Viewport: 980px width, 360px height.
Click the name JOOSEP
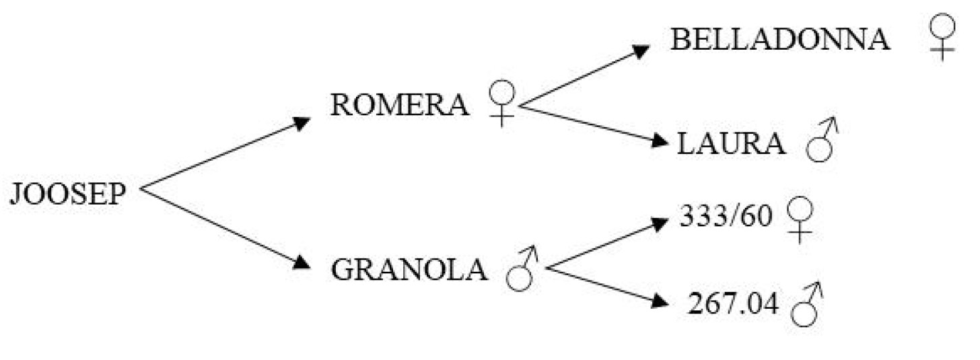coord(68,194)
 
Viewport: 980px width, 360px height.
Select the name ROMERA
coord(399,105)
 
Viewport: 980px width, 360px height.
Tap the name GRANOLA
coord(409,269)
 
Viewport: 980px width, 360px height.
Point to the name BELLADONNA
coord(780,40)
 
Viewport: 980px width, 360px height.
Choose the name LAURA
coord(731,143)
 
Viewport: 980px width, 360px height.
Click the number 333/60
coord(726,215)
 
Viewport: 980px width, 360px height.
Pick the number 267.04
coord(733,303)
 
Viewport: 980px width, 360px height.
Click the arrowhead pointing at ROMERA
coord(301,123)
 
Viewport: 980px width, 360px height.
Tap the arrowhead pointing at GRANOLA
coord(302,262)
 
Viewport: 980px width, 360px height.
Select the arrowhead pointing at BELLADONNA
coord(641,50)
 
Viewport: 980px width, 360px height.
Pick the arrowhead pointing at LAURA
coord(660,141)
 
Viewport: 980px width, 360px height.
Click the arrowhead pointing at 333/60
coord(660,223)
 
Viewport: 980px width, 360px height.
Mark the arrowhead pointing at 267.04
coord(660,301)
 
